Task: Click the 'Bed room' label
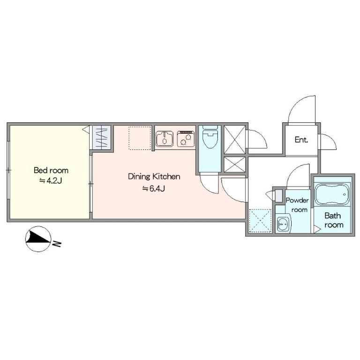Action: (51, 170)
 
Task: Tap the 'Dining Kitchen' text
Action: (154, 177)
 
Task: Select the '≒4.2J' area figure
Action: (51, 181)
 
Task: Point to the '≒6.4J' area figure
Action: (154, 189)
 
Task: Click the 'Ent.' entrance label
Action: (301, 140)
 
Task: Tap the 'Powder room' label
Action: (297, 205)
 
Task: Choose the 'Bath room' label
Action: (333, 220)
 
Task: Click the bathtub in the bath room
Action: (332, 194)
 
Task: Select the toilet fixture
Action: (210, 137)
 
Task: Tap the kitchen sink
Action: (165, 139)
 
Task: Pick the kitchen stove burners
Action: (186, 139)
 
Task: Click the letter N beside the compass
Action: (57, 244)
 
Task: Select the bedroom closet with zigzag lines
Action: (101, 137)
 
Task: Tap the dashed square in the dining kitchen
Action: (140, 138)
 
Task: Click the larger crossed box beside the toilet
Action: (234, 139)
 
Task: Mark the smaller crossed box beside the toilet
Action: (234, 165)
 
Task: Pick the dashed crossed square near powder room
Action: (260, 221)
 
